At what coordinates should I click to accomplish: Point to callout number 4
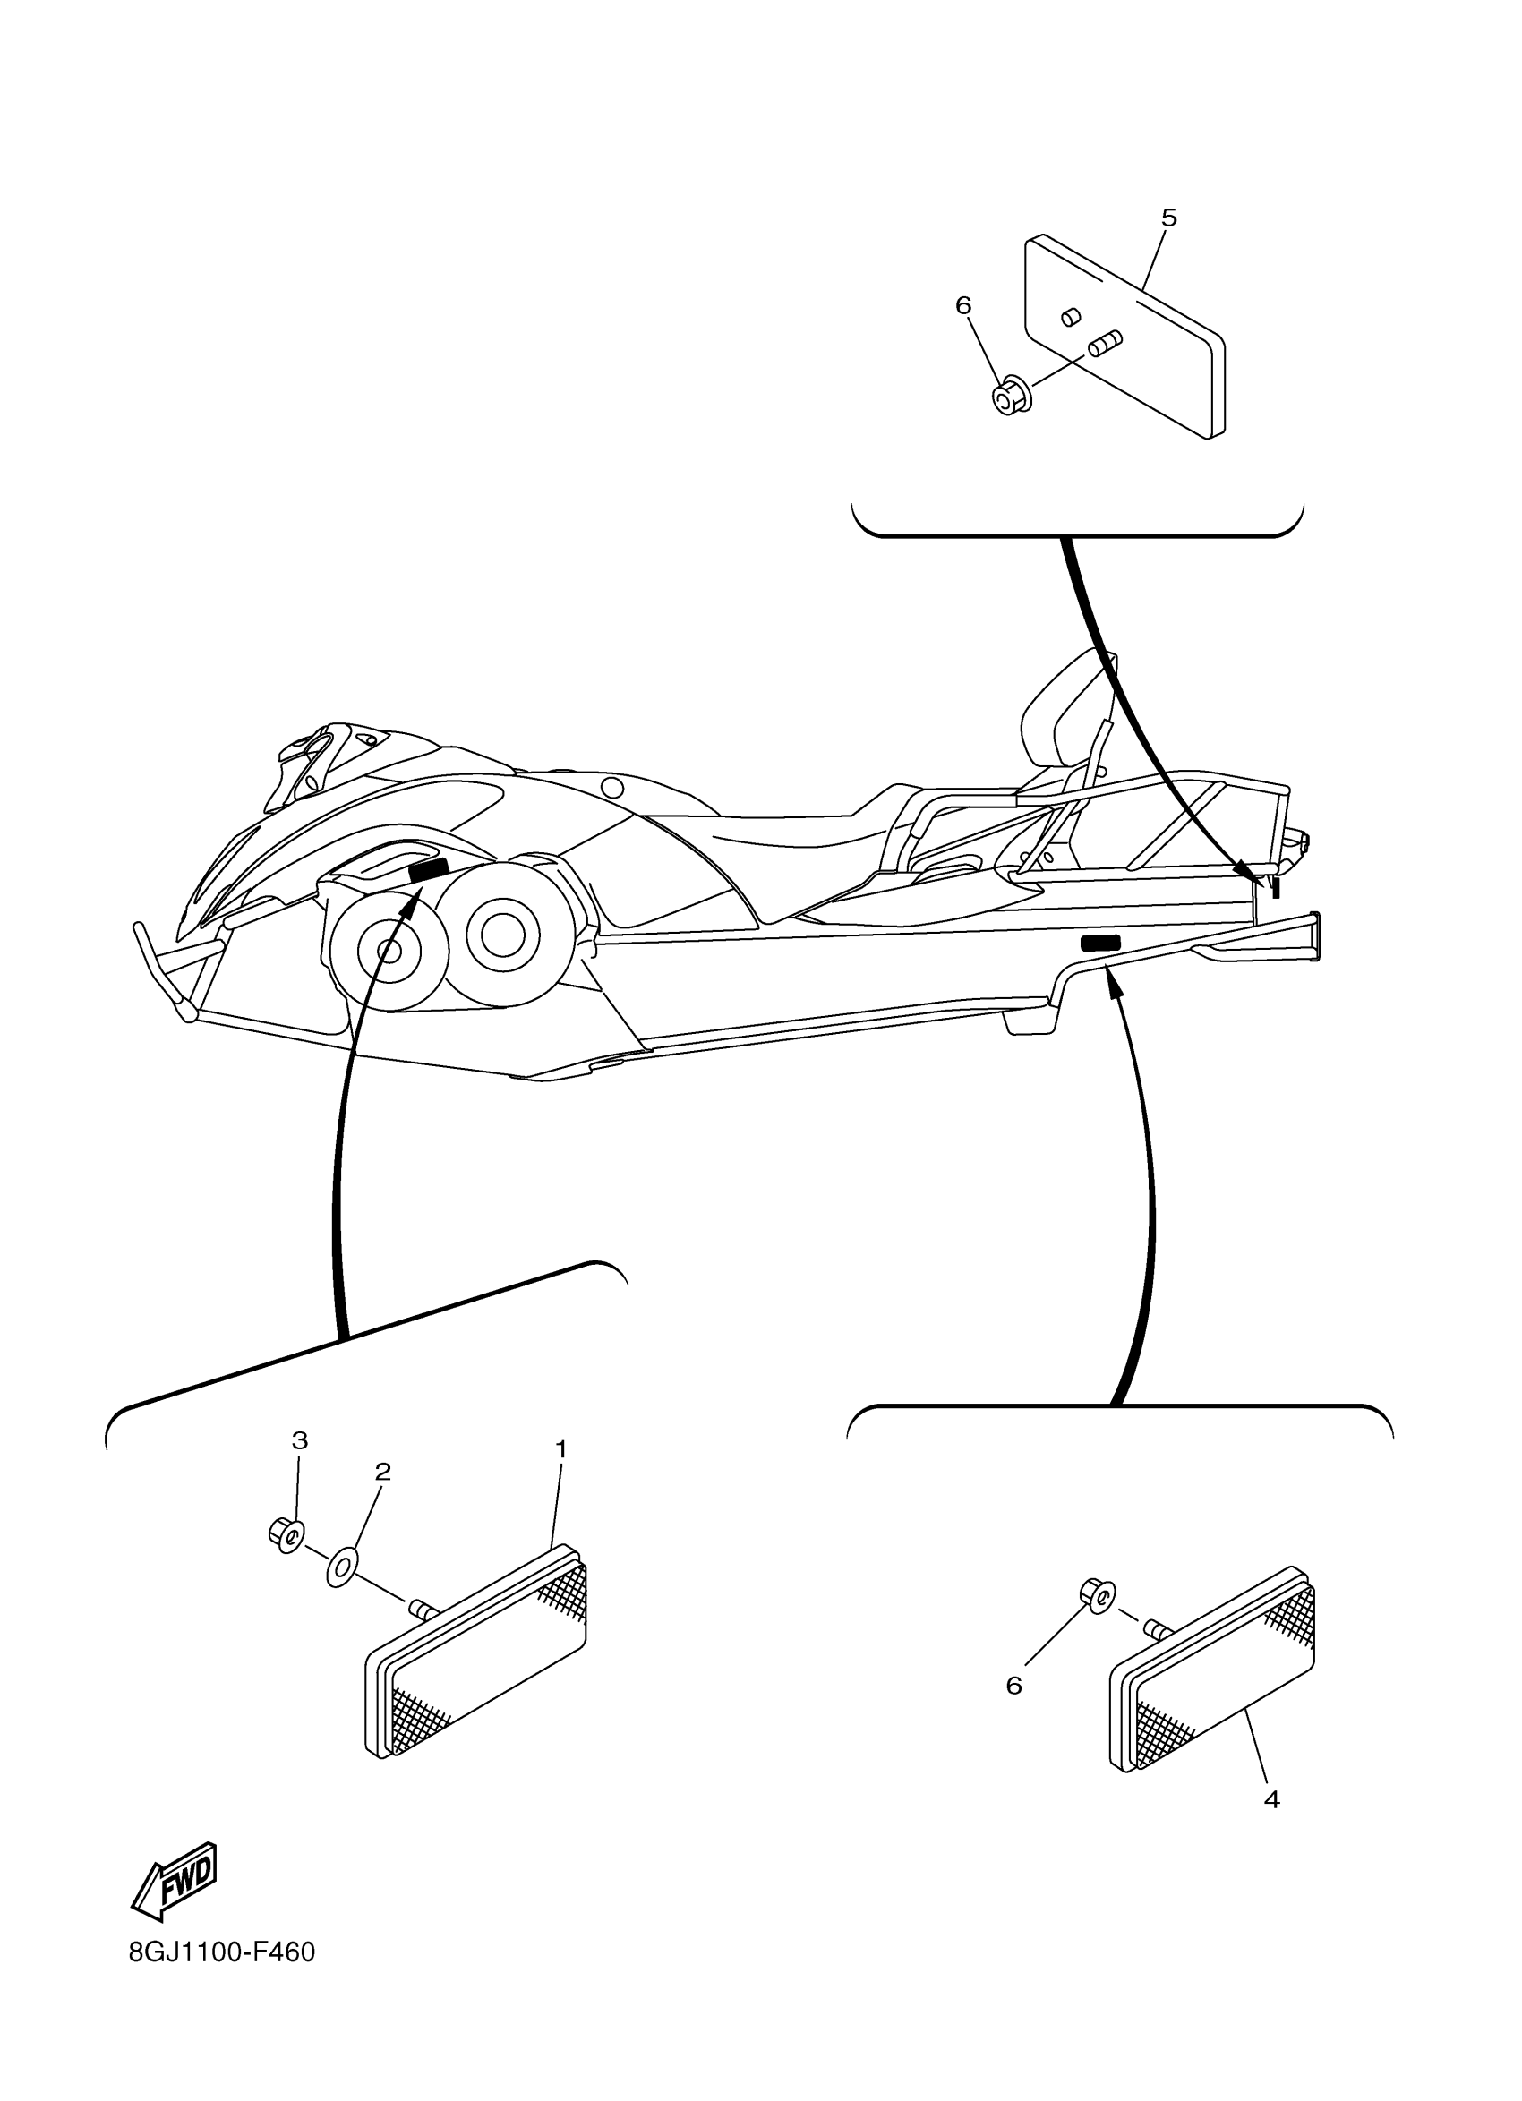(x=1272, y=1825)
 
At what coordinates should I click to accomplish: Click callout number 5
(x=1169, y=218)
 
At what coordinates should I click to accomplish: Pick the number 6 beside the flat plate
(x=963, y=304)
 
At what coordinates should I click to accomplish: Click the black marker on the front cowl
(x=429, y=869)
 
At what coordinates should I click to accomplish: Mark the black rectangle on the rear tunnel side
(x=1099, y=943)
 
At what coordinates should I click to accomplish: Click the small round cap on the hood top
(x=611, y=789)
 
